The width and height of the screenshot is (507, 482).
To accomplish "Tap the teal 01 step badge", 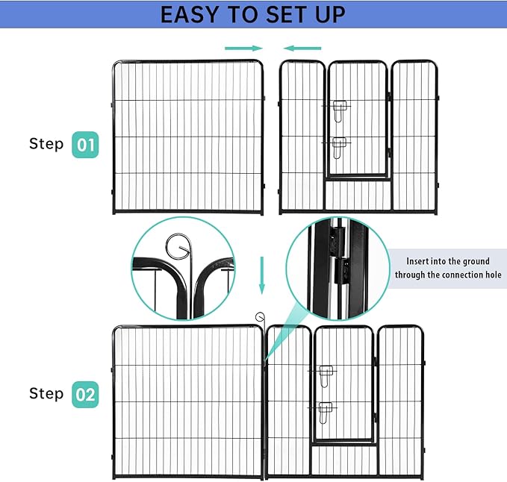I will coord(85,144).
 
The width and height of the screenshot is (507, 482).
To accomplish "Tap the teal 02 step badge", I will coord(85,393).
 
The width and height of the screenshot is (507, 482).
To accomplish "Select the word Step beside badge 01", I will coord(46,143).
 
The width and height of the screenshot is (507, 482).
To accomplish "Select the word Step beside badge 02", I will coord(46,393).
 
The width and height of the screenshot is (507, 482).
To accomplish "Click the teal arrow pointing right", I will coord(243,48).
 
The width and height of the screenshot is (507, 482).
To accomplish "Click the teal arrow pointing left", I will coord(302,48).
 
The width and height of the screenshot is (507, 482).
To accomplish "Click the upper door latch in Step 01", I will coord(340,110).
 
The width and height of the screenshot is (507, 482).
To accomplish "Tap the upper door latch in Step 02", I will coord(326,375).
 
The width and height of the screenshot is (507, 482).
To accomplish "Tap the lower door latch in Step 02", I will coord(326,410).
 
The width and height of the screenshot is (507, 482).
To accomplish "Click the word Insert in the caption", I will coord(420,261).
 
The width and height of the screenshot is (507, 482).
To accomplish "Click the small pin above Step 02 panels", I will coord(260,317).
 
